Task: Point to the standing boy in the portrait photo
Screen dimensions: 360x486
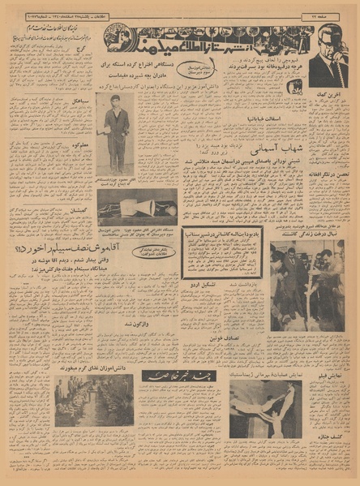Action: point(114,130)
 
